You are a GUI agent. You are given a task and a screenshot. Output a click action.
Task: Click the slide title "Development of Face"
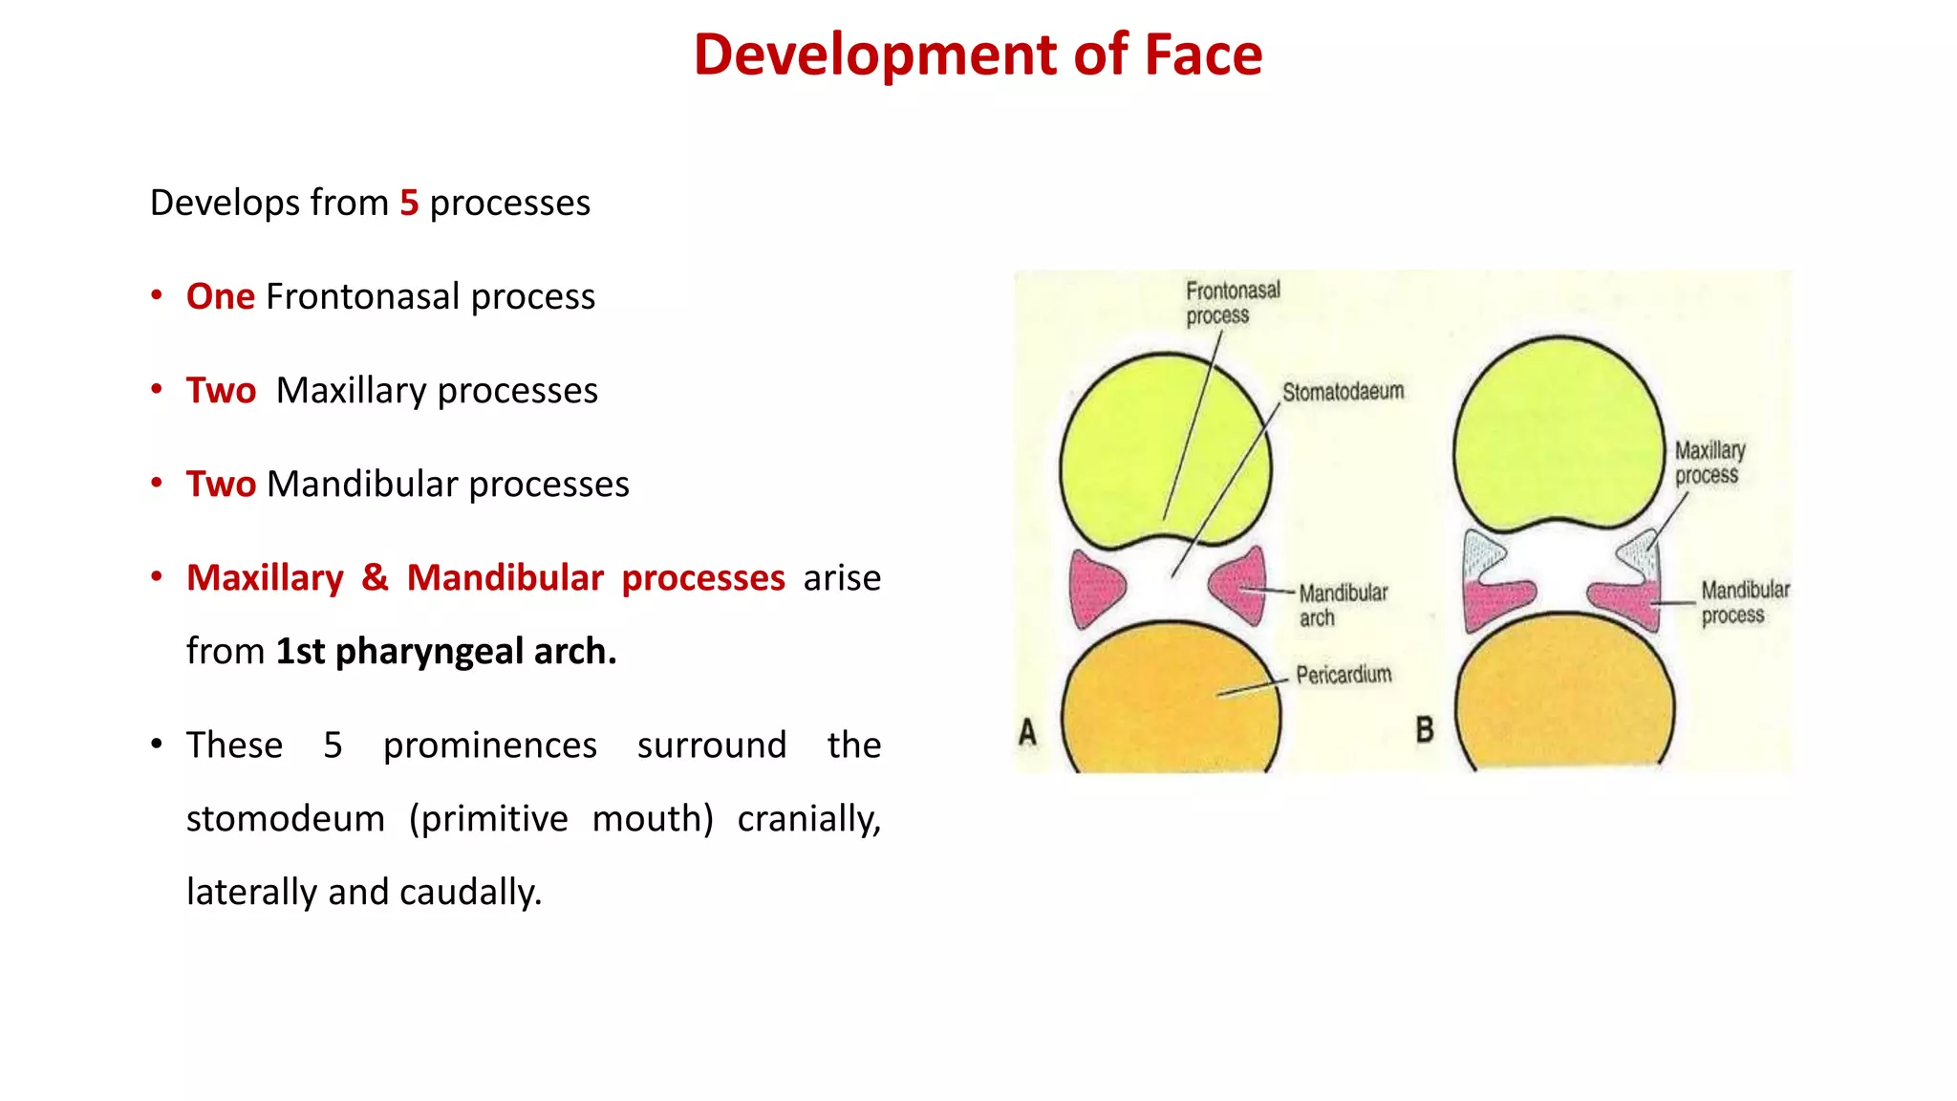(978, 54)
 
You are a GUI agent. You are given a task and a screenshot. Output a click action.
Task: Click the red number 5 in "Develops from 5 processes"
(409, 203)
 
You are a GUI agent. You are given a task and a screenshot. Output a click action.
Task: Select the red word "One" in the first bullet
(220, 296)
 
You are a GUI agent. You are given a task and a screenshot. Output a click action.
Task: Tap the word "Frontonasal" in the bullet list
(363, 296)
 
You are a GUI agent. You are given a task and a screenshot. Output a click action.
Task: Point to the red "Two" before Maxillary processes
(221, 390)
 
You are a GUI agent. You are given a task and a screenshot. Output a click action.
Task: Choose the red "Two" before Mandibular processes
(221, 484)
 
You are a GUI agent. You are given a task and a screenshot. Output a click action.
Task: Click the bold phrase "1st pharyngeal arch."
(446, 651)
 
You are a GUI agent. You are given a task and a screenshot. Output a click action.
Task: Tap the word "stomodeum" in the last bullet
(285, 819)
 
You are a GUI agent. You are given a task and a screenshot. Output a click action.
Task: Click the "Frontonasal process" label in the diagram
(1232, 302)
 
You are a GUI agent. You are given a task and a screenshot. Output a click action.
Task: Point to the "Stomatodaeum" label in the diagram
(1343, 392)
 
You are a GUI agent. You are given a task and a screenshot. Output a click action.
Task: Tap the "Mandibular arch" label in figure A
(1342, 605)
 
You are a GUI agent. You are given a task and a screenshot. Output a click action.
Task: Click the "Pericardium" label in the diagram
(1344, 675)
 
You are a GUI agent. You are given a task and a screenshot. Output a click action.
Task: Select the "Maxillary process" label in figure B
(1710, 463)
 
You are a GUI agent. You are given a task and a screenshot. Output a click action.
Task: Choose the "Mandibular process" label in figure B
(1744, 602)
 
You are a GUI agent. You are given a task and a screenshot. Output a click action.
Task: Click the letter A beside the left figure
(1027, 732)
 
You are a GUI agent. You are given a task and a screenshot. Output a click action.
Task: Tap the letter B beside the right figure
(1424, 730)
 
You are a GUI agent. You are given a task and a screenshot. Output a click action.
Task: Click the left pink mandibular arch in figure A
(1095, 588)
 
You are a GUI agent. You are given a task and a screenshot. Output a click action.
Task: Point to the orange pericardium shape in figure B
(1564, 698)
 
